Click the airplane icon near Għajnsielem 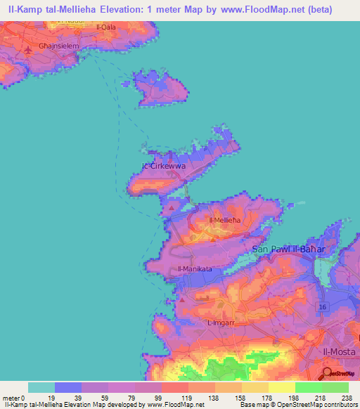(28, 50)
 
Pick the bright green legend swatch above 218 (309, 387)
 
